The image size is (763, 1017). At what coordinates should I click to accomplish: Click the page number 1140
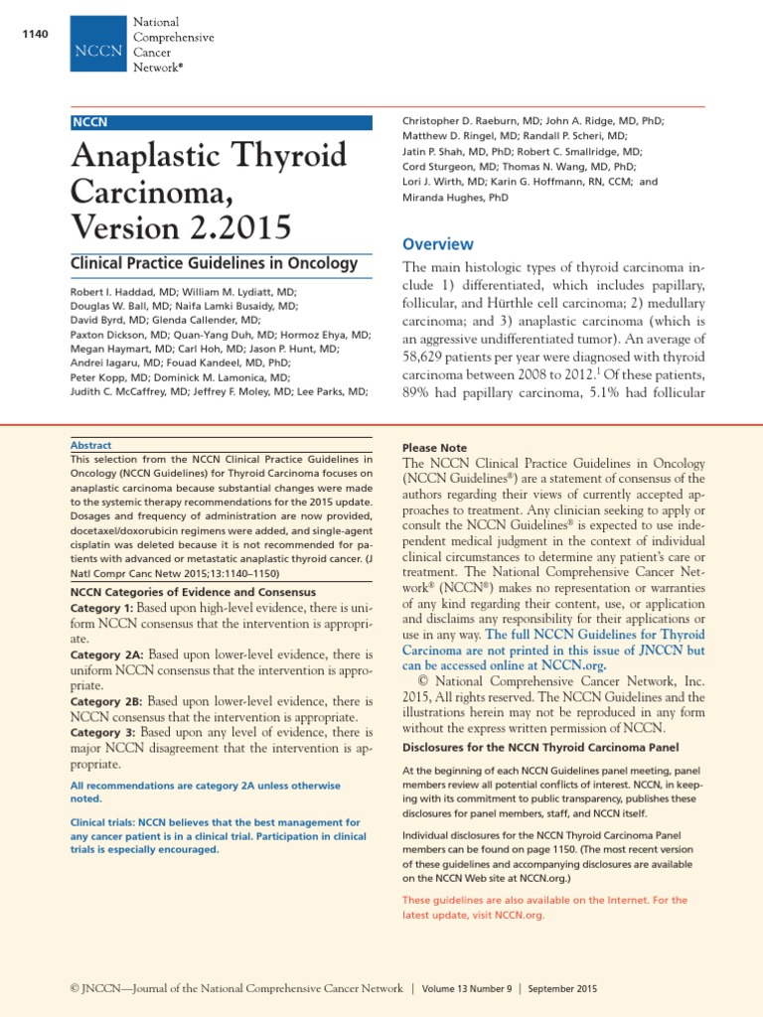click(x=34, y=37)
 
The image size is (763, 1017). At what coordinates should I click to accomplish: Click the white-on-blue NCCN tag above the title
click(x=90, y=122)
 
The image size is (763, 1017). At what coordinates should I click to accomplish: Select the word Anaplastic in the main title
click(x=145, y=156)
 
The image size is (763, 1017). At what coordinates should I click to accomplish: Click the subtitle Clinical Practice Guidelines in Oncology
click(x=214, y=263)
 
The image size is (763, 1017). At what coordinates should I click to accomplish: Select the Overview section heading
click(x=437, y=244)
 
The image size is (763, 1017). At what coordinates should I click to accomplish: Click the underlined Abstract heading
click(x=91, y=446)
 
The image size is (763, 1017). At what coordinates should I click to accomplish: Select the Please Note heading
click(x=434, y=448)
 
